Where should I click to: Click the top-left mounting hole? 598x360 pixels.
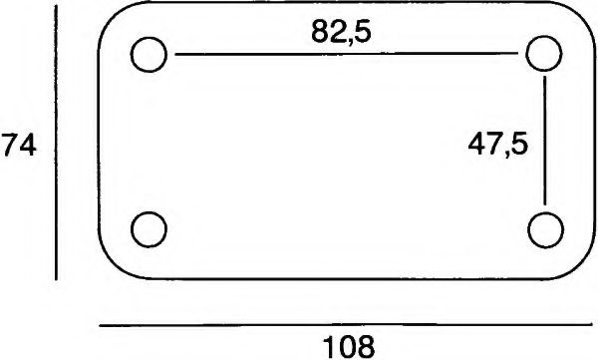coord(149,54)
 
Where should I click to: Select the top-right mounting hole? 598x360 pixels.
coord(545,54)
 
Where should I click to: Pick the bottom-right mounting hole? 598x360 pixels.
coord(545,228)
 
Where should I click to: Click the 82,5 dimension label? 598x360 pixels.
coord(341,33)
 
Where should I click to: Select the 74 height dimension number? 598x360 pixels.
coord(19,146)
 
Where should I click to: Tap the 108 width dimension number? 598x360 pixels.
coord(349,346)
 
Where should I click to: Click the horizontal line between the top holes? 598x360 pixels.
coord(349,55)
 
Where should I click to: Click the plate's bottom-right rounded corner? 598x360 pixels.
coord(580,261)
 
